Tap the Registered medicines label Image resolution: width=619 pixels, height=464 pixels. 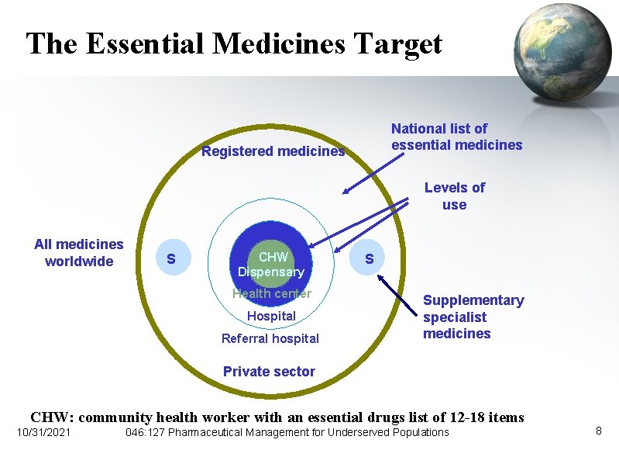click(273, 151)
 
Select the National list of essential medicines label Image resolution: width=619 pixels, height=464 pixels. click(456, 137)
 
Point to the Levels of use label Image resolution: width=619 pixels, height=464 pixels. click(454, 196)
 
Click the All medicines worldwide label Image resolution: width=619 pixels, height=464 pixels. click(79, 253)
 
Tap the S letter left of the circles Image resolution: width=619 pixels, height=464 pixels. click(171, 258)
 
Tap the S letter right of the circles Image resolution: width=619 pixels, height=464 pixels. click(370, 258)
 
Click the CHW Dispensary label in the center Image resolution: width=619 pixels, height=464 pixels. click(271, 264)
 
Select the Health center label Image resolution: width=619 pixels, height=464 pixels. click(271, 293)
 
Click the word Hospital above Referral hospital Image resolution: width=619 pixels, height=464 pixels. click(271, 316)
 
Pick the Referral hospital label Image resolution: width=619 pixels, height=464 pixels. click(270, 338)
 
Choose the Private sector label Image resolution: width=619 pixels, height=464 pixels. click(269, 372)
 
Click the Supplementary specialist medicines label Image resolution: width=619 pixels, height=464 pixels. click(473, 317)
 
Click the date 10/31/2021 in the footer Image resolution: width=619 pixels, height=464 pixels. click(43, 432)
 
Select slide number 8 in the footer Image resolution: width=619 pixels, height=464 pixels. click(598, 430)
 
